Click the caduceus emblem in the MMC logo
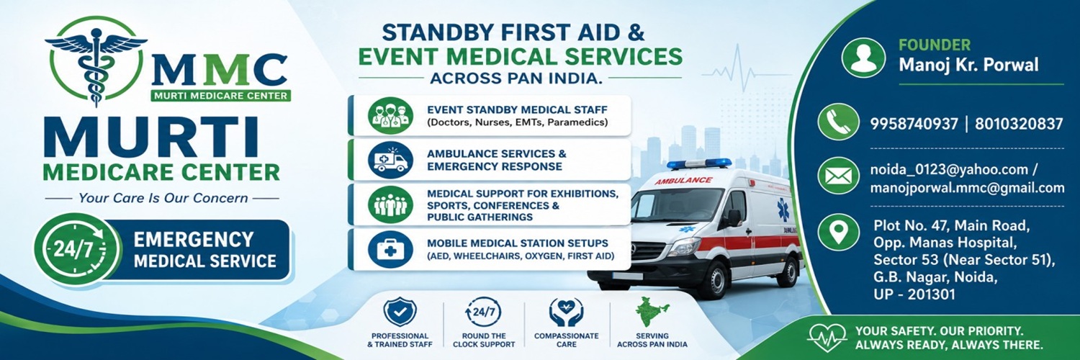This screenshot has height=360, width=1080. [96, 62]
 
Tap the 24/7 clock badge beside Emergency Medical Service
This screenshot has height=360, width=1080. [76, 249]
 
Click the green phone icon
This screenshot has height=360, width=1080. [839, 122]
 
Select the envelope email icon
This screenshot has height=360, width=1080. [839, 176]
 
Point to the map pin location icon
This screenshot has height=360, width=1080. [839, 233]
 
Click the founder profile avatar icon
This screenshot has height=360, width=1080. [863, 58]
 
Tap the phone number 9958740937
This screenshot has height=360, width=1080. [914, 124]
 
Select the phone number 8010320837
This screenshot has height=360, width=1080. [1019, 124]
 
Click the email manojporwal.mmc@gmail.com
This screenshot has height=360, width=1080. [967, 188]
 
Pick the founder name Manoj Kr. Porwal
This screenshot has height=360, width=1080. [968, 65]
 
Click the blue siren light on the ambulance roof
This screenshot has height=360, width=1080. [700, 163]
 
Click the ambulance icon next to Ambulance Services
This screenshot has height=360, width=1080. [390, 160]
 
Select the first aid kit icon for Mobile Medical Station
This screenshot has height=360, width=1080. [390, 250]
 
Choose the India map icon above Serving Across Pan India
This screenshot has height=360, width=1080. [652, 312]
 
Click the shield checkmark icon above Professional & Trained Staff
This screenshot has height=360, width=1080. [400, 312]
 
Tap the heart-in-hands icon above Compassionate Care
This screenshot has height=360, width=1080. [566, 312]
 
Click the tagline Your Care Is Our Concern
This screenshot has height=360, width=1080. [163, 198]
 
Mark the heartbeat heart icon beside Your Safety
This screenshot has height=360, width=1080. [827, 337]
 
